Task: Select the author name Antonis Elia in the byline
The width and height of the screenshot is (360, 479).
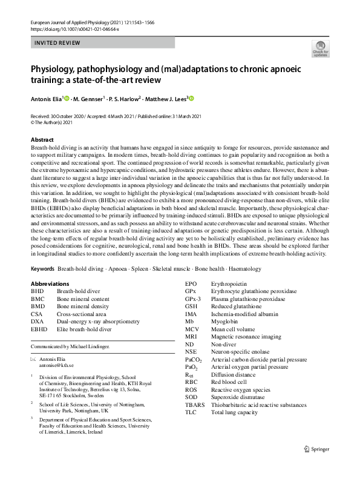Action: tap(50, 97)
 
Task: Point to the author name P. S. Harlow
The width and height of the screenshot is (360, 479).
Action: tap(126, 97)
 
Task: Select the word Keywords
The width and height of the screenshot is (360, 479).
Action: tap(42, 268)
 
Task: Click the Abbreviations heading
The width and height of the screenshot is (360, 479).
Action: tap(51, 283)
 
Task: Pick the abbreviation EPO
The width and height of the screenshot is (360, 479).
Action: tap(191, 283)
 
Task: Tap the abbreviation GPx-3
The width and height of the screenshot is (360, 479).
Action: tap(194, 299)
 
